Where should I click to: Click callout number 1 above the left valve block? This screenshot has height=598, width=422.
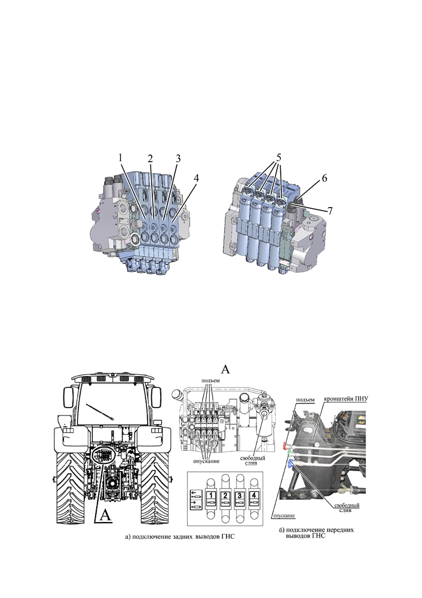click(120, 157)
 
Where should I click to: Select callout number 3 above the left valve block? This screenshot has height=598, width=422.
click(178, 157)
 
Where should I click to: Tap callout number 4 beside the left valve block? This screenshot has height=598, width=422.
click(196, 178)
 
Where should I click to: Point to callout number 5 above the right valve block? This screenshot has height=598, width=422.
click(279, 157)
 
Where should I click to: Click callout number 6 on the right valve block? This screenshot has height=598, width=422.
click(324, 178)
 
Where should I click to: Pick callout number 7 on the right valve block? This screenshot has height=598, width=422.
click(330, 210)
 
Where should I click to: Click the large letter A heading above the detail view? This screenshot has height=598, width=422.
click(225, 369)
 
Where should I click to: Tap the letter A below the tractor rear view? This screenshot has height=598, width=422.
click(105, 515)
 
